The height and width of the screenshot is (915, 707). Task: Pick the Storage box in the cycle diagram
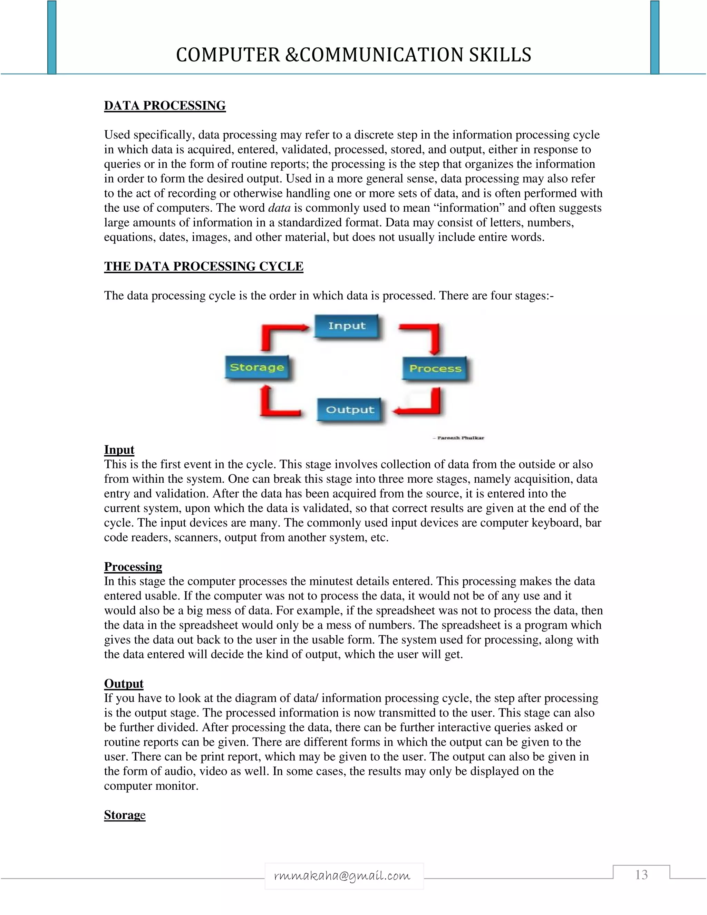pyautogui.click(x=257, y=367)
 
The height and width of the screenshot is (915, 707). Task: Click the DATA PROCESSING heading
pyautogui.click(x=165, y=106)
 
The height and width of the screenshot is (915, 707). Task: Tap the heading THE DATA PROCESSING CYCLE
pyautogui.click(x=204, y=267)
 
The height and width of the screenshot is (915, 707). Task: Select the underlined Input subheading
pyautogui.click(x=119, y=450)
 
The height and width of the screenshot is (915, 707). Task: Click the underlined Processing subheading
pyautogui.click(x=133, y=567)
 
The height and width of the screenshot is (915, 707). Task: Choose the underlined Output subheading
pyautogui.click(x=124, y=684)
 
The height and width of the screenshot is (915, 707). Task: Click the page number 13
pyautogui.click(x=641, y=875)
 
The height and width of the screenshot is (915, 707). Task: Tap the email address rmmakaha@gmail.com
pyautogui.click(x=342, y=876)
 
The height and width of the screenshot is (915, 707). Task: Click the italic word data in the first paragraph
pyautogui.click(x=279, y=208)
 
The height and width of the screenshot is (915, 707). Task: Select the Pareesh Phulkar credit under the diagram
pyautogui.click(x=459, y=438)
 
